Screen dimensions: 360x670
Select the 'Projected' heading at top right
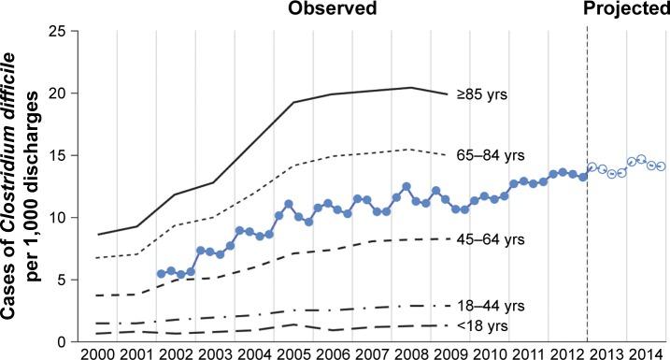(628, 10)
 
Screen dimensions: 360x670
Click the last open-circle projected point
(661, 166)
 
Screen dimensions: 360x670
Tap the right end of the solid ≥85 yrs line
(447, 94)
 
